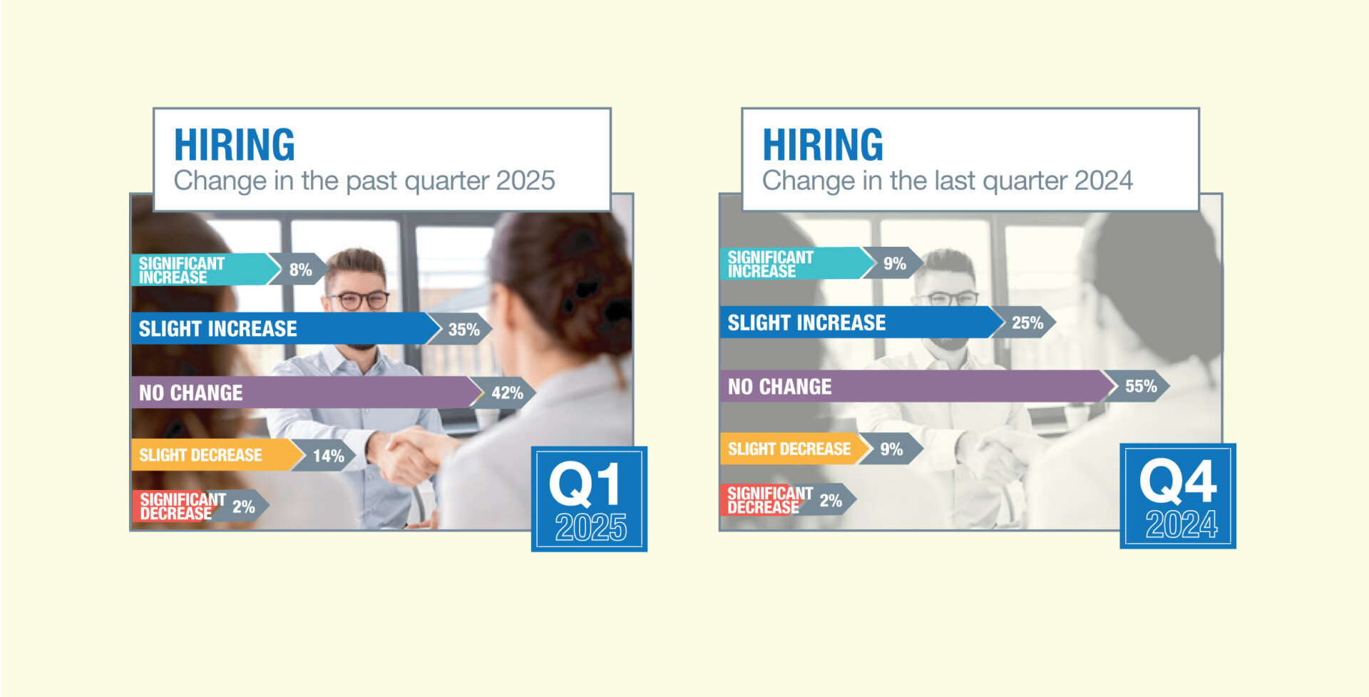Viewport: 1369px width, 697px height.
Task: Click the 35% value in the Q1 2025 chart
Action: tap(463, 330)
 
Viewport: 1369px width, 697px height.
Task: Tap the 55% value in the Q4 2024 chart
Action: tap(1141, 386)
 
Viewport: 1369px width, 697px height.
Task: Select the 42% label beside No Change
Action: tap(507, 392)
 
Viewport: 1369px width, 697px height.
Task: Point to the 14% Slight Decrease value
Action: tap(329, 456)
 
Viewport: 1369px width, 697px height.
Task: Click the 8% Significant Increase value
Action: tap(300, 270)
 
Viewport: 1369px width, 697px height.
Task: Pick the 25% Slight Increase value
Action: tap(1027, 322)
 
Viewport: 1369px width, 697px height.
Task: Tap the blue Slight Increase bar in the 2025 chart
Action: tap(286, 328)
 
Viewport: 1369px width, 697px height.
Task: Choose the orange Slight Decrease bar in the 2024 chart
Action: tap(796, 449)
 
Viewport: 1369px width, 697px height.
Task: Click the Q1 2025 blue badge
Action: tap(589, 499)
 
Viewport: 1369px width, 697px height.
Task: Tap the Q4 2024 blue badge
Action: tap(1178, 496)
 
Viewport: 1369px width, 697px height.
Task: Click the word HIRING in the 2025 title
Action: tap(235, 145)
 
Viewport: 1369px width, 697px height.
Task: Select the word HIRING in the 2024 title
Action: tap(823, 145)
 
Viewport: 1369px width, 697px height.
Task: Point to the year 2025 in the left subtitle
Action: tap(525, 180)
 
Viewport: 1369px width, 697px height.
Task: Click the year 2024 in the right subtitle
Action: tap(1104, 180)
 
